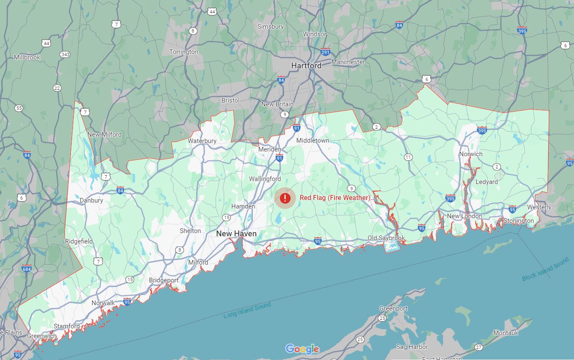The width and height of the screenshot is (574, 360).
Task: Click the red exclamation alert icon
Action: coord(285,198)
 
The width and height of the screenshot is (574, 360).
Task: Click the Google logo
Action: coord(302,349)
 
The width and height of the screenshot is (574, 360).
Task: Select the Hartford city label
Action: coord(306,65)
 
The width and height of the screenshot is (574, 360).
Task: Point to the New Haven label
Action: coord(236,233)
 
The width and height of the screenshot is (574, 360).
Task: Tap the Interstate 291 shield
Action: coord(325,52)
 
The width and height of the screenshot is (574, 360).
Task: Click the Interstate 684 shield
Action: coord(27,268)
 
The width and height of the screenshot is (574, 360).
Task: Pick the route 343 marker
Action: coord(65,54)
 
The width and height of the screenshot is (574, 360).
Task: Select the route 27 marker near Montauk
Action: coord(478,347)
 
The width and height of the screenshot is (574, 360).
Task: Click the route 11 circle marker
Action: coord(408,157)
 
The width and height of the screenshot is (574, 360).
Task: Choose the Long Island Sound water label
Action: coord(247,311)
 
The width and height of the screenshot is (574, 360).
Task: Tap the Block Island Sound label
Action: coord(545,270)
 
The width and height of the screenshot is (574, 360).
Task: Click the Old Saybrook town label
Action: coord(386,238)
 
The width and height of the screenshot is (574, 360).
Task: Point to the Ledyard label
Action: coord(487,182)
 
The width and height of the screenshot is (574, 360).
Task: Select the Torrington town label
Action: coord(184,52)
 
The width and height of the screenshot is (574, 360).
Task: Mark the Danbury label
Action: coord(91,200)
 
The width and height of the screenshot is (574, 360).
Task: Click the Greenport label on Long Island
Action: coord(393,309)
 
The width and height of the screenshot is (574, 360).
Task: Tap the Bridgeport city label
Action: coord(164,280)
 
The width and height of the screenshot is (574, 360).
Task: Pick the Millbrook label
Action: coord(27,57)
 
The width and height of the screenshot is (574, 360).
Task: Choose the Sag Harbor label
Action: coord(412,347)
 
